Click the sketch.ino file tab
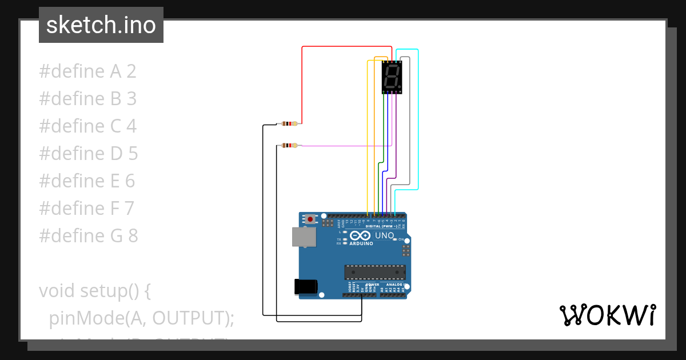[x=101, y=25]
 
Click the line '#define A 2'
[x=87, y=72]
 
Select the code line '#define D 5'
[x=89, y=154]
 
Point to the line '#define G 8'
[x=89, y=235]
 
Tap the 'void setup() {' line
[x=95, y=291]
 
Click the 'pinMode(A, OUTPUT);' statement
[x=142, y=318]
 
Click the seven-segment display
[x=392, y=77]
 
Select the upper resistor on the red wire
[x=290, y=123]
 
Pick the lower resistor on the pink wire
[x=290, y=146]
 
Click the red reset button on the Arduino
[x=310, y=219]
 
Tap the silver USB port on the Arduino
[x=304, y=237]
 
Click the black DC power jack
[x=305, y=286]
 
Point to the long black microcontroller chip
[x=374, y=273]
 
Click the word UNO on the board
[x=384, y=235]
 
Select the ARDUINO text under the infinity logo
[x=361, y=243]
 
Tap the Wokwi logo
[x=607, y=315]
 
